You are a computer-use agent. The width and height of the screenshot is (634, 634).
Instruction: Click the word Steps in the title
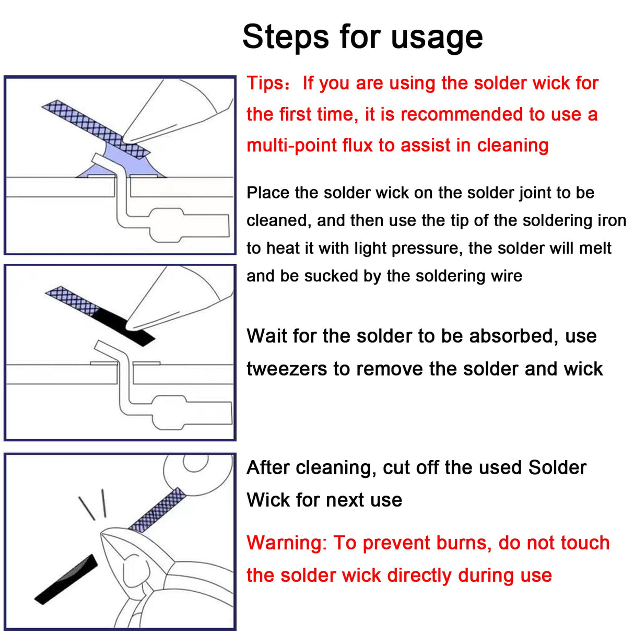(286, 37)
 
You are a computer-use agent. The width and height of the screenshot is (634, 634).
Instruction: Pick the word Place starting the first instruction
(268, 193)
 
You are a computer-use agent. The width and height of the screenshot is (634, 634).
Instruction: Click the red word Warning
(286, 543)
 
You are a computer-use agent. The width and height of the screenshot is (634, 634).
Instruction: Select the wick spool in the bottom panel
(198, 473)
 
